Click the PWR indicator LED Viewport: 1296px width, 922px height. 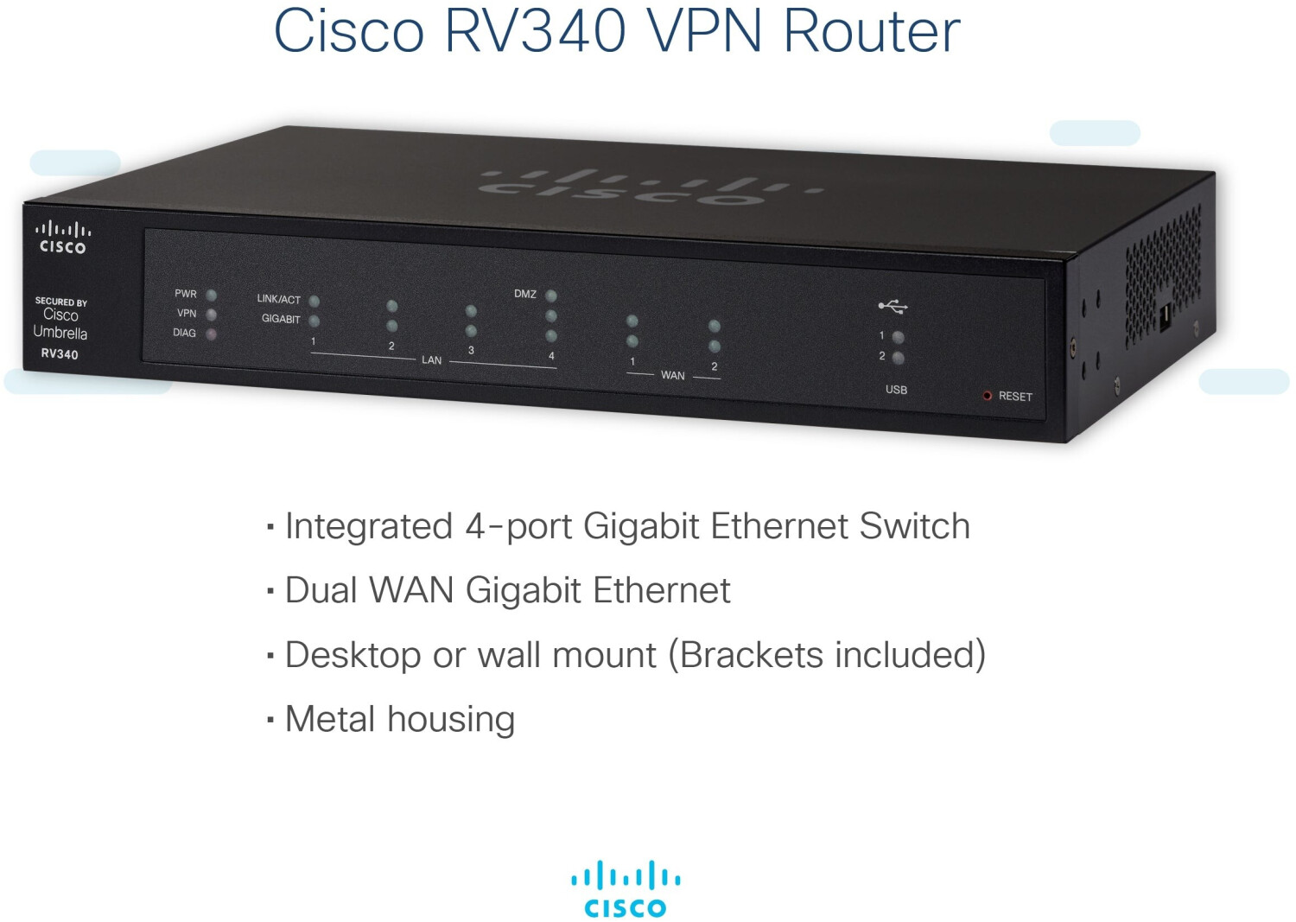(211, 296)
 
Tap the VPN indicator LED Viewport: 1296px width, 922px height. (211, 315)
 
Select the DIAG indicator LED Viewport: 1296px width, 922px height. (211, 334)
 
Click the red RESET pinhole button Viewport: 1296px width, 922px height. (987, 396)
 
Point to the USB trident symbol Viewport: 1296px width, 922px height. (893, 306)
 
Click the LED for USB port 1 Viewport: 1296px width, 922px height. (898, 337)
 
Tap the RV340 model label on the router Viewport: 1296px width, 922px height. (60, 354)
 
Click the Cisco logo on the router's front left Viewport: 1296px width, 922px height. (62, 238)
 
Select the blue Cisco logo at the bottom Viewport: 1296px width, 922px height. (626, 889)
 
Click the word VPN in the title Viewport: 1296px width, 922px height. (704, 31)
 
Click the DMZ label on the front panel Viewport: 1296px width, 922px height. (525, 294)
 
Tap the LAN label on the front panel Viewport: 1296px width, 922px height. (431, 360)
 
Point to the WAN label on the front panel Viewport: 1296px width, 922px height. (672, 376)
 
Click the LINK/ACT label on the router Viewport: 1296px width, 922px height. (278, 299)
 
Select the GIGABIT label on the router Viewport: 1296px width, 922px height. (281, 319)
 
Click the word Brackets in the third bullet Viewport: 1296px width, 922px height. (751, 655)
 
